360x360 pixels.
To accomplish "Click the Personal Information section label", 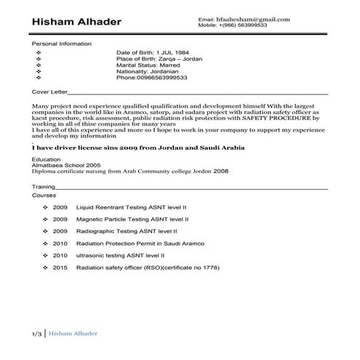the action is coord(62,44).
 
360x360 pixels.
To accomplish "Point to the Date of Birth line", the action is coord(152,53).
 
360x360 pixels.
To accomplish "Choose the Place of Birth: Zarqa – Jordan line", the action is coord(159,59).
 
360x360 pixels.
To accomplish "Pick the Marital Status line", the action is coord(148,65).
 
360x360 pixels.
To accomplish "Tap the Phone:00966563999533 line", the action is coord(151,77).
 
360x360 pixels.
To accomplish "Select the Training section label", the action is coord(44,187).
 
